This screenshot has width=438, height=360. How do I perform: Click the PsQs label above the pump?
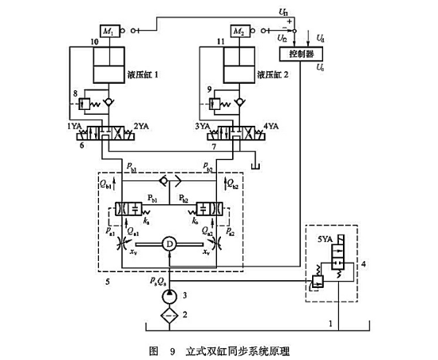156,279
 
